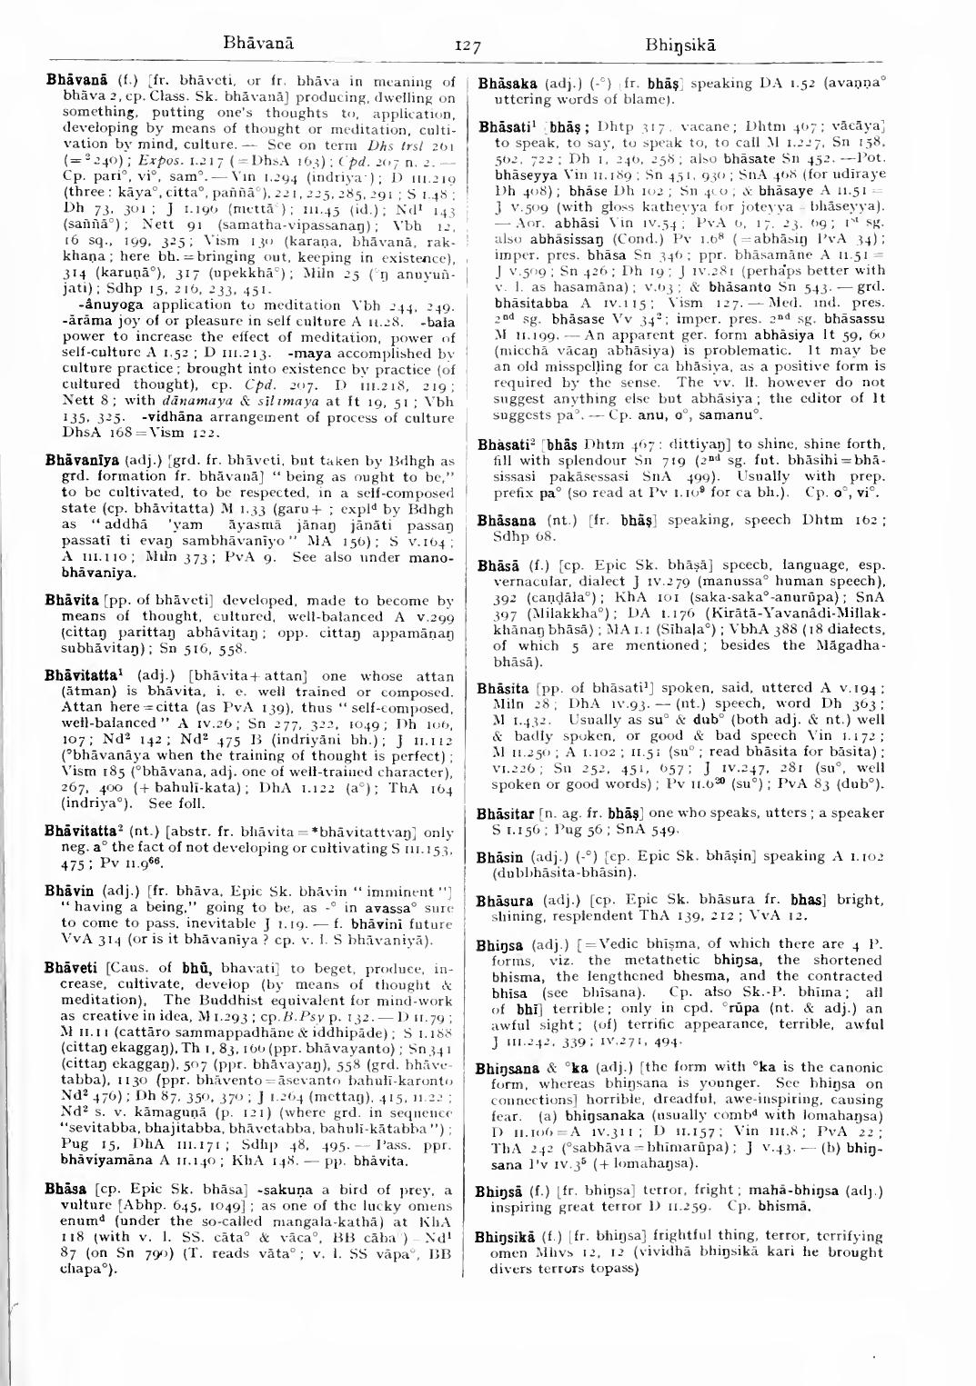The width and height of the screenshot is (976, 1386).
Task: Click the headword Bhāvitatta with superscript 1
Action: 85,676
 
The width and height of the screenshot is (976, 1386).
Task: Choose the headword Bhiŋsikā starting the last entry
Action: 511,1240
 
